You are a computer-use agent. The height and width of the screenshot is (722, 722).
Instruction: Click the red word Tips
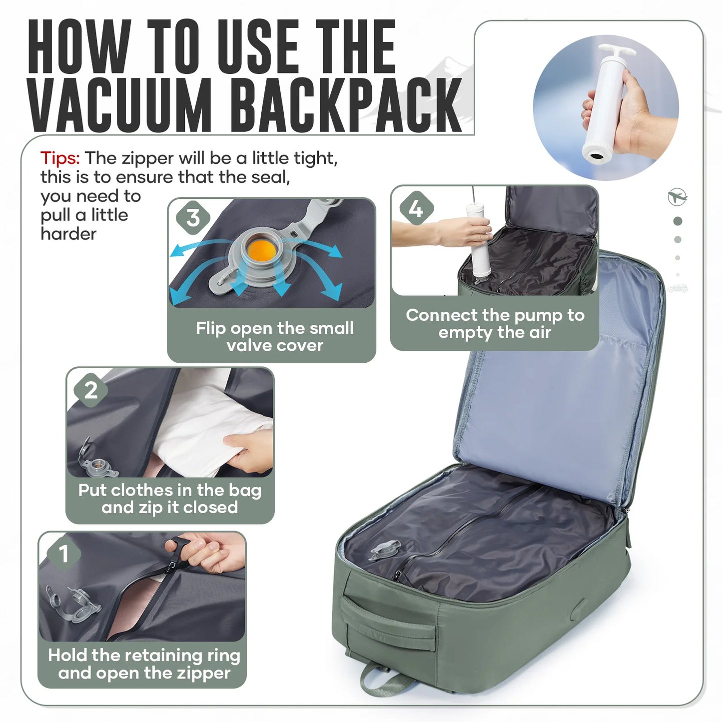60,158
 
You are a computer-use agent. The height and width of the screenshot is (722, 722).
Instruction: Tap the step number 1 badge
63,554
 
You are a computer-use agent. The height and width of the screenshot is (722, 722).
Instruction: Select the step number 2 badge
90,390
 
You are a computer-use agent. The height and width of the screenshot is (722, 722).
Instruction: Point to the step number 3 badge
193,218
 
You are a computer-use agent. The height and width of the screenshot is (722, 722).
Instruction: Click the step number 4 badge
416,208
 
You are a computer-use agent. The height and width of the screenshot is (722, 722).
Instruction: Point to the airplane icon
678,196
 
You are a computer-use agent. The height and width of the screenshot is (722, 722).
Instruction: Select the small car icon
678,288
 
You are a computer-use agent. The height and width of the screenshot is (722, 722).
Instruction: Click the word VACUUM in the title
120,105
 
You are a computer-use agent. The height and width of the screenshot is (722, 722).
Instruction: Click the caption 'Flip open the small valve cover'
274,336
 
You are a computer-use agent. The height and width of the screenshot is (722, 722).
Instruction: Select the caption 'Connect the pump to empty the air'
495,323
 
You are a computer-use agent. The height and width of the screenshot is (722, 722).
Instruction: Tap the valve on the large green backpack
385,550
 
